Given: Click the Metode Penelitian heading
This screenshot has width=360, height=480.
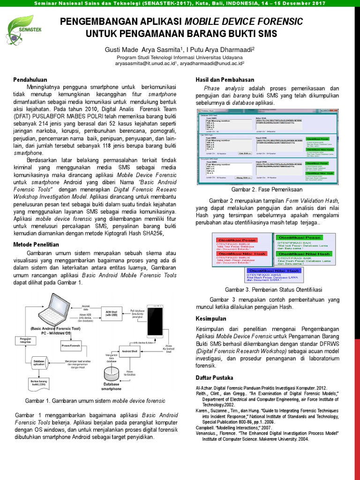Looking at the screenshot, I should tap(36, 244).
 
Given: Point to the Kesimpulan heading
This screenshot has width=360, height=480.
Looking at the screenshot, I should tap(211, 319).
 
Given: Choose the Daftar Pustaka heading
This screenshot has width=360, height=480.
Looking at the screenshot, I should tap(214, 378).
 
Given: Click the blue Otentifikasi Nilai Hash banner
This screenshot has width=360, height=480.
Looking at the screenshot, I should tap(274, 271).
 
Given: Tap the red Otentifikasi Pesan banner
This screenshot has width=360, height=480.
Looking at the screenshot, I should tap(242, 240).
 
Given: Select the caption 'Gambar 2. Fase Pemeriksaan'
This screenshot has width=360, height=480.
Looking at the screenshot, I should tap(267, 189).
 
